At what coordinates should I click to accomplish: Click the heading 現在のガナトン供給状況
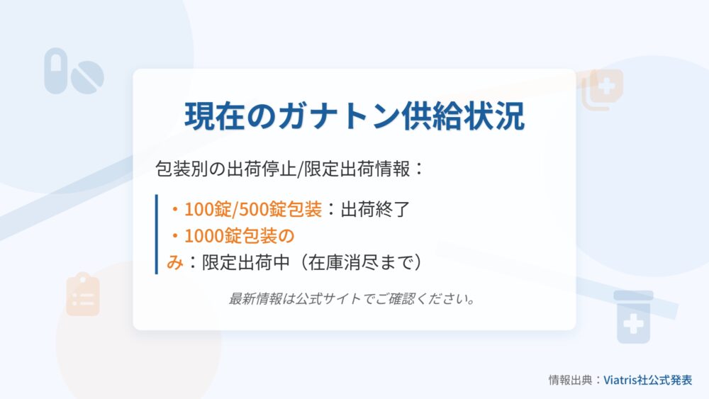[354, 116]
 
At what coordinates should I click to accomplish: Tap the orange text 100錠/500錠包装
[253, 209]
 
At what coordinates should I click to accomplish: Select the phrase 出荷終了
[375, 209]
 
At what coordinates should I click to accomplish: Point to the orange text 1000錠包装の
[239, 235]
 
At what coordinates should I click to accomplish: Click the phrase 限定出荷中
[245, 262]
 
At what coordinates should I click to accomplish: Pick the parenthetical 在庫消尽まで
[362, 262]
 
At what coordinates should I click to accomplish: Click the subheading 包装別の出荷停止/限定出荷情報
[283, 169]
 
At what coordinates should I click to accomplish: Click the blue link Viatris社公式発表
[647, 380]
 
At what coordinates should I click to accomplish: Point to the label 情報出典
[570, 380]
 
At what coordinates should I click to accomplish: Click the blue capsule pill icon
[55, 71]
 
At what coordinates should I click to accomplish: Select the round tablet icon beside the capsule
[87, 77]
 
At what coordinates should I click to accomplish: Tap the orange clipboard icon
[83, 294]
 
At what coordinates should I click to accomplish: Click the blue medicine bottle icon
[633, 317]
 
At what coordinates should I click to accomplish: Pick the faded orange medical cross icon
[602, 89]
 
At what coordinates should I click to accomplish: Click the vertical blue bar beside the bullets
[157, 234]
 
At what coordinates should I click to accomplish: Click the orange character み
[174, 262]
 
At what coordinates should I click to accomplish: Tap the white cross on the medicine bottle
[633, 324]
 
